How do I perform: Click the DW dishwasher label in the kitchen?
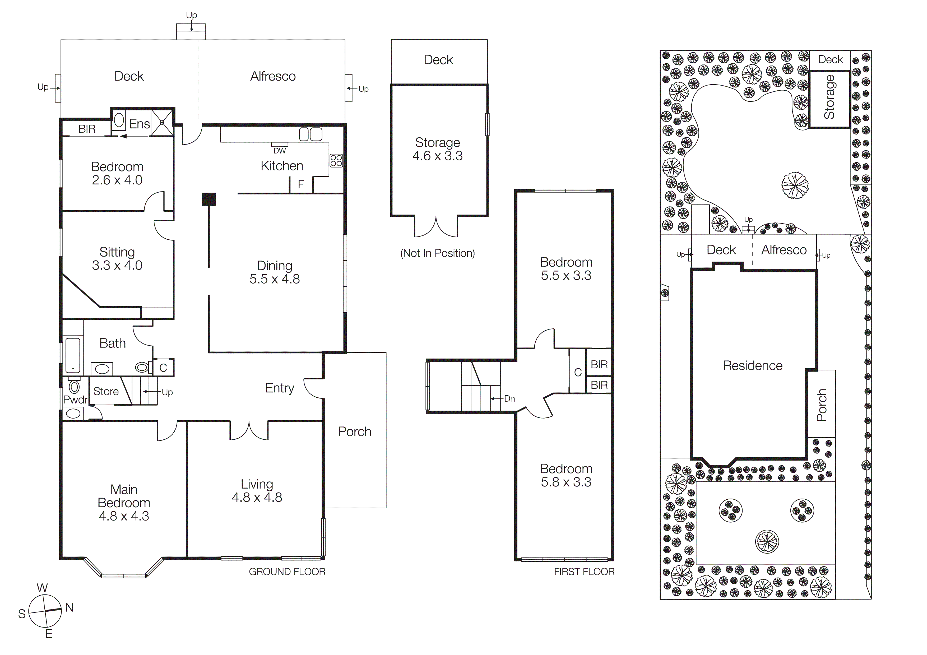pyautogui.click(x=279, y=151)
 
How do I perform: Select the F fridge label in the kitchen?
pyautogui.click(x=301, y=184)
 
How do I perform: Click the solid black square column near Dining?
pyautogui.click(x=209, y=199)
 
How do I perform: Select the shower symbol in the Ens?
pyautogui.click(x=162, y=122)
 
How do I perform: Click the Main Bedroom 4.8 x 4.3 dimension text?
pyautogui.click(x=124, y=516)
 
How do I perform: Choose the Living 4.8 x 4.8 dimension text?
pyautogui.click(x=257, y=497)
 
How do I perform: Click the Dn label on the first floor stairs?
pyautogui.click(x=509, y=399)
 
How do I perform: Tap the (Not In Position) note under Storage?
pyautogui.click(x=437, y=253)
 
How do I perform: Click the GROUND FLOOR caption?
pyautogui.click(x=287, y=572)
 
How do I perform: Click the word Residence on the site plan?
pyautogui.click(x=753, y=366)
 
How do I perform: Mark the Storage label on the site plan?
pyautogui.click(x=829, y=97)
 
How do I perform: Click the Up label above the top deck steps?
pyautogui.click(x=191, y=15)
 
